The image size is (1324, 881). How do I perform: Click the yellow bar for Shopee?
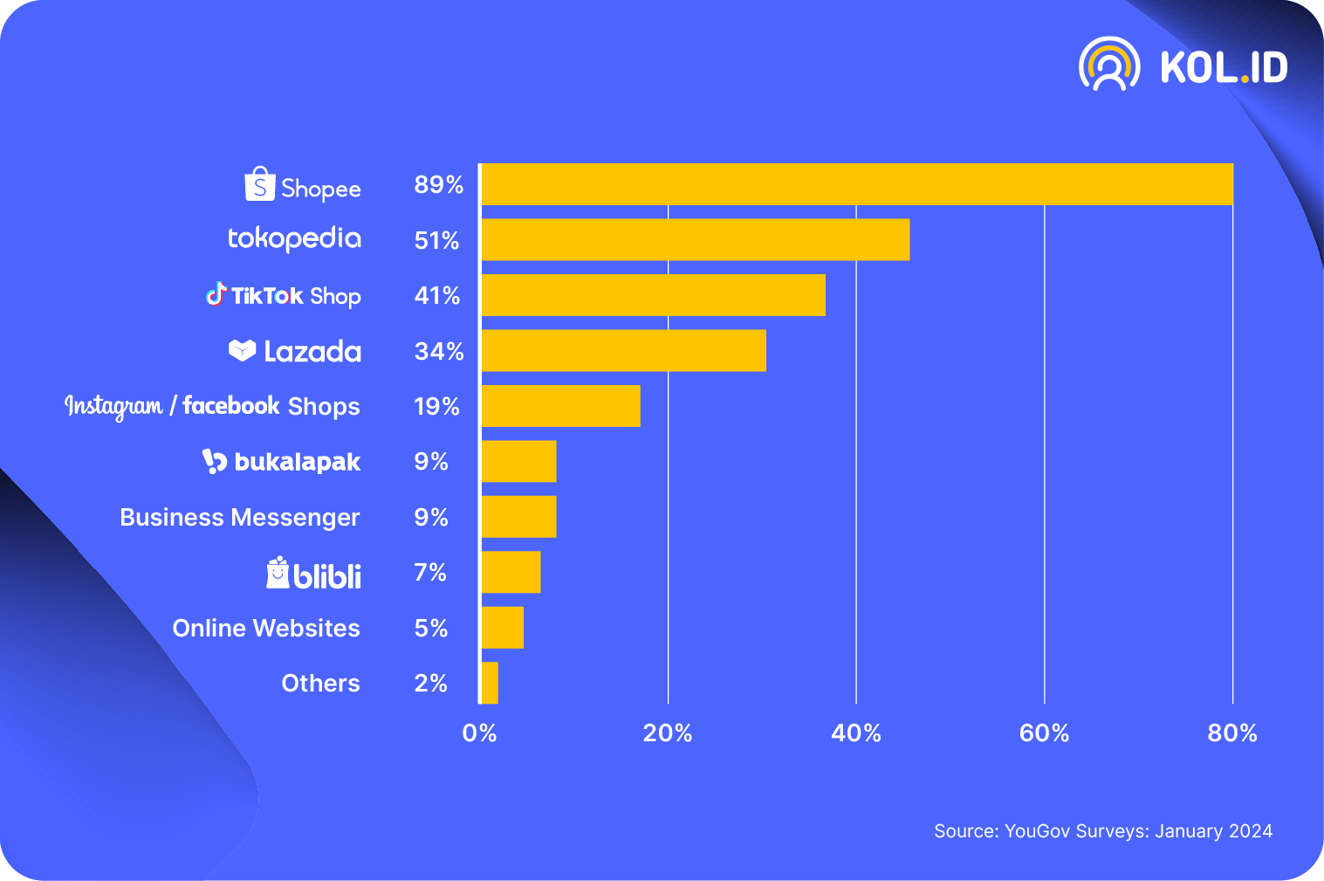coord(856,184)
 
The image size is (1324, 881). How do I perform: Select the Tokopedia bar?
coord(695,239)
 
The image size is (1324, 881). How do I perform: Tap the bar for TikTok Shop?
coord(653,295)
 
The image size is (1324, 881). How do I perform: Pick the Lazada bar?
coord(623,350)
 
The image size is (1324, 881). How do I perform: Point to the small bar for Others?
coord(490,683)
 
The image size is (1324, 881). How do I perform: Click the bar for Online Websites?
coord(502,628)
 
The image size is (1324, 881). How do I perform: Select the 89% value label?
coord(438,185)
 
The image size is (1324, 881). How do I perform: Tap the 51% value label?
coord(436,240)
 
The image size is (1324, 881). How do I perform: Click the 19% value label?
coord(436,406)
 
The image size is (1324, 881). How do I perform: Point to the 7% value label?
coord(430,573)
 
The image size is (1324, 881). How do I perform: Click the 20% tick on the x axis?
coord(668,733)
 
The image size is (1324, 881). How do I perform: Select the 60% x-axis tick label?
coord(1044,733)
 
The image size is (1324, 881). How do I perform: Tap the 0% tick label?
coord(479,733)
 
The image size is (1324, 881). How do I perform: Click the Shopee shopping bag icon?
coord(260,184)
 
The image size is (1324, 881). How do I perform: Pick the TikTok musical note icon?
coord(216,293)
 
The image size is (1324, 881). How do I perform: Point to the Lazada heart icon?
coord(242,350)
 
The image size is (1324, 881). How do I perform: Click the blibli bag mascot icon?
coord(278,573)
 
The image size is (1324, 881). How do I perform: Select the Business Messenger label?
coord(240,518)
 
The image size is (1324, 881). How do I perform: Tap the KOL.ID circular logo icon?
coord(1109,65)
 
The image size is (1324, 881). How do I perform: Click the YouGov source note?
coord(1103,831)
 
